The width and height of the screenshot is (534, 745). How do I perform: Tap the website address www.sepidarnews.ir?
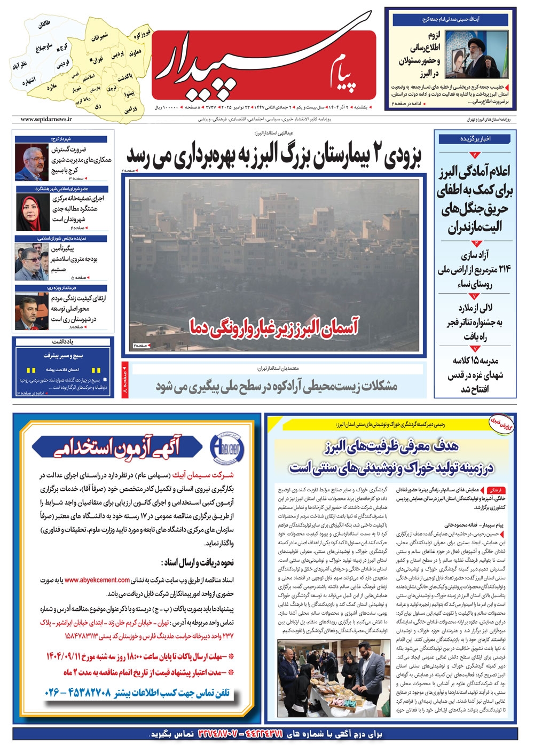pos(46,120)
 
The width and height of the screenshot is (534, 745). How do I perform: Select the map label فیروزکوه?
pos(142,35)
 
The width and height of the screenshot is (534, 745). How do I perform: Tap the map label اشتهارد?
pos(28,82)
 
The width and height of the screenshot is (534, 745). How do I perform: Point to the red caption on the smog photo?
pos(273,326)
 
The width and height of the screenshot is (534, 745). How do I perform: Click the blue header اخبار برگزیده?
pos(475,139)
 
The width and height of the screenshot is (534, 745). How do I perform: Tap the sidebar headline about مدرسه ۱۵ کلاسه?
pos(475,374)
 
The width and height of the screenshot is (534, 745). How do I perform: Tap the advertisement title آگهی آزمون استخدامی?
pos(117,448)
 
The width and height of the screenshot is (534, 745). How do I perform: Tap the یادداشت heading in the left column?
pos(63,341)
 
